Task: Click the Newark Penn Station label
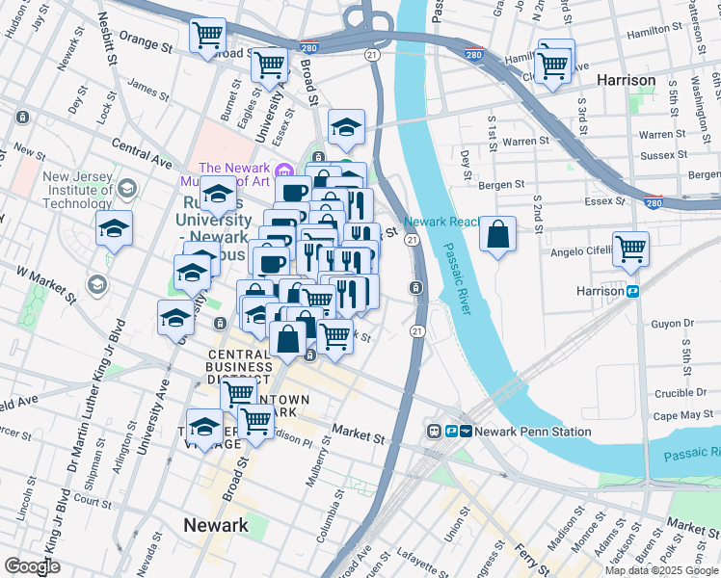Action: (532, 431)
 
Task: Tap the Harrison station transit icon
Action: (633, 291)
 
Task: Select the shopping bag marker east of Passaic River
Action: (497, 235)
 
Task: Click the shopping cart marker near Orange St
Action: (208, 37)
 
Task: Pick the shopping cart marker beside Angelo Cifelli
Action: (630, 249)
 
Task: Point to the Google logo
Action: (33, 566)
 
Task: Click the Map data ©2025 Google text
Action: (661, 570)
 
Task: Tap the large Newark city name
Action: (216, 525)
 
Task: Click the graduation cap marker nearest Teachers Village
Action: (204, 425)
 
